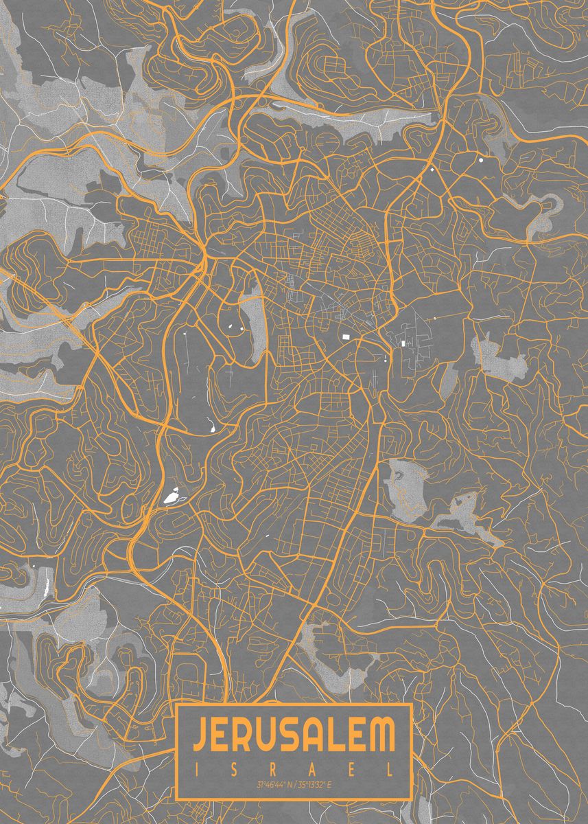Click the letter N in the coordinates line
[288, 784]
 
